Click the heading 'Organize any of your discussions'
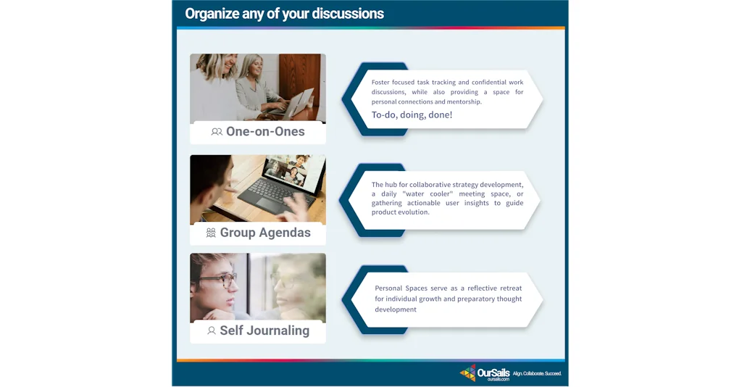click(284, 14)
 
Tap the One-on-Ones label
click(265, 131)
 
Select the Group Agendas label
click(265, 233)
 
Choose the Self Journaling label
click(264, 330)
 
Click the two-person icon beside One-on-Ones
click(217, 132)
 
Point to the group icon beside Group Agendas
click(211, 233)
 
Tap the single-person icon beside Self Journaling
click(212, 330)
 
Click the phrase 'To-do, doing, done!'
click(412, 115)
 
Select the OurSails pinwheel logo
click(467, 373)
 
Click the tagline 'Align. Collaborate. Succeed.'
click(537, 374)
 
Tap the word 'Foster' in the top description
click(380, 83)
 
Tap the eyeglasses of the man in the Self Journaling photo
click(219, 280)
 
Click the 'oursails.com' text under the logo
click(499, 380)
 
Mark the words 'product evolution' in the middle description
click(400, 212)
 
